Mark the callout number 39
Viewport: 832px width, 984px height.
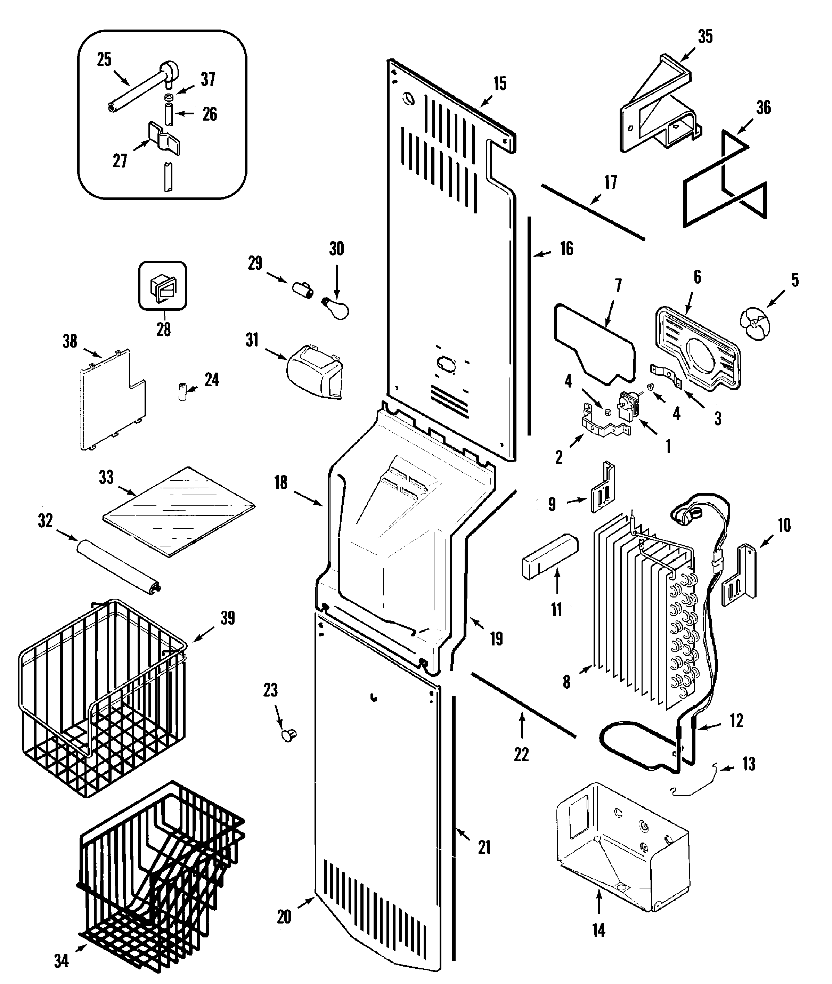(x=227, y=618)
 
